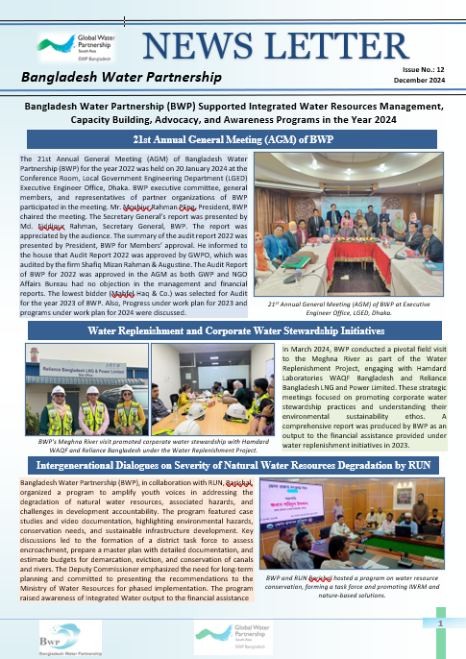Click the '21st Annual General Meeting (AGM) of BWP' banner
233,140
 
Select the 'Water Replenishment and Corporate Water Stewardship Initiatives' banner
233,330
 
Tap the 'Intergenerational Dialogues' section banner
233,465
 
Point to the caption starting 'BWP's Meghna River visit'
144,443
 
